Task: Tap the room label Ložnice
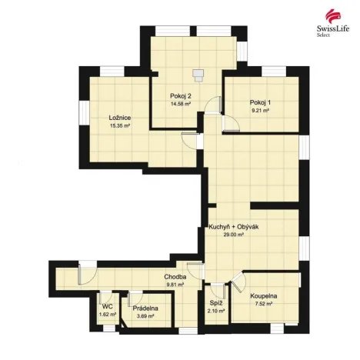tap(119, 117)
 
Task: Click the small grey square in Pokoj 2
tap(198, 75)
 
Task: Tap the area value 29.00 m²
tap(233, 235)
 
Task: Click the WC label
tap(108, 306)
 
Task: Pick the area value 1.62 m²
tap(108, 314)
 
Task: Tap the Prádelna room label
tap(145, 308)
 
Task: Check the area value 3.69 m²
tap(145, 315)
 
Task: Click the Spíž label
tap(216, 303)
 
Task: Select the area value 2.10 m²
tap(216, 311)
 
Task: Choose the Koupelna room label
tap(263, 296)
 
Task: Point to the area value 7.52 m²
tap(263, 304)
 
